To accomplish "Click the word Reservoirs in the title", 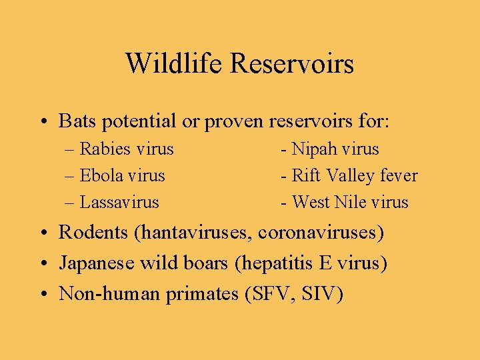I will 292,64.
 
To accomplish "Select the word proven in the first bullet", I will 235,122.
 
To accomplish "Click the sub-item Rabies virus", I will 127,149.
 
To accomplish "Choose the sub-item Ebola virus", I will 122,175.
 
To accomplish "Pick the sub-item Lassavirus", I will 119,202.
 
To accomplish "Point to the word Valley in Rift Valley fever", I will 349,176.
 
